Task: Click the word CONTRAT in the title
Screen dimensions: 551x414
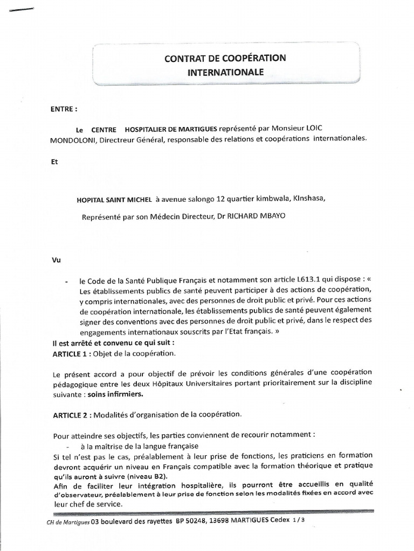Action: [183, 58]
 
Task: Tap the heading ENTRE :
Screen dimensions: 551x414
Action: [64, 108]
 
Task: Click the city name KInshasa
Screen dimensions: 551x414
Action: [309, 199]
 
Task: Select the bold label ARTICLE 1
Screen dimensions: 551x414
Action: [72, 354]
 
